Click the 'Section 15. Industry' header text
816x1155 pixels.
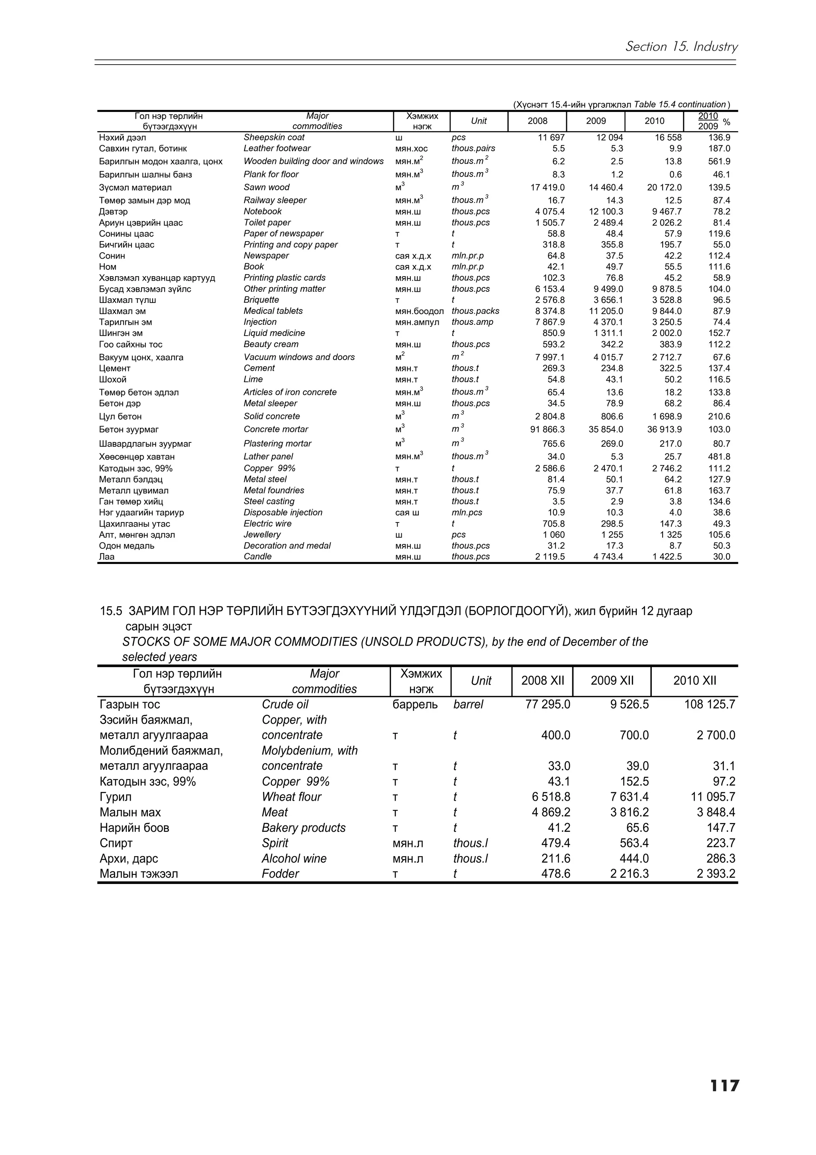681,47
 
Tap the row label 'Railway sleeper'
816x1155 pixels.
275,200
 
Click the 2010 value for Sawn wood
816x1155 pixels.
664,188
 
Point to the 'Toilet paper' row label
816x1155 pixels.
267,222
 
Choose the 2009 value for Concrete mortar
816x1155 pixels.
606,429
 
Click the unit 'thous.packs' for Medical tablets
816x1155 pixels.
475,311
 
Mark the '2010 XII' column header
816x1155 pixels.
694,681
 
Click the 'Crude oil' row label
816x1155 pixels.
284,704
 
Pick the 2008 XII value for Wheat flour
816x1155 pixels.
551,797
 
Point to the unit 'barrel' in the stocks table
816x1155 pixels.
468,704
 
